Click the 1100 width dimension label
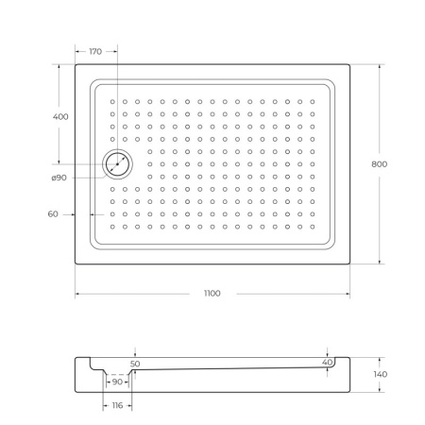pyautogui.click(x=212, y=294)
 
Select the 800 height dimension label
pyautogui.click(x=380, y=163)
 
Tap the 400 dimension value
pyautogui.click(x=60, y=116)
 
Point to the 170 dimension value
pyautogui.click(x=95, y=51)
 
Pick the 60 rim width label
pyautogui.click(x=53, y=214)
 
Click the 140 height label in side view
pyautogui.click(x=380, y=375)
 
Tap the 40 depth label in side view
pyautogui.click(x=327, y=363)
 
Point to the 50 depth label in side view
pyautogui.click(x=135, y=363)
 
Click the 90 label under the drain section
pyautogui.click(x=117, y=382)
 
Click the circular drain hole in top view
pyautogui.click(x=118, y=164)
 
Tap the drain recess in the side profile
pyautogui.click(x=117, y=370)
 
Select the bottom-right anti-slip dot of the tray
pyautogui.click(x=313, y=228)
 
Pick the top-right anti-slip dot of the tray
pyautogui.click(x=313, y=101)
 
